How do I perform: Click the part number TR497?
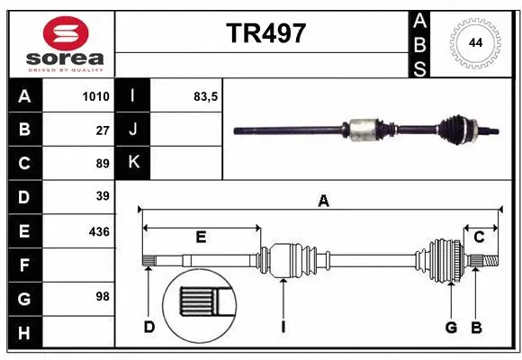[x=265, y=33]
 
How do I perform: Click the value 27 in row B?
[x=103, y=130]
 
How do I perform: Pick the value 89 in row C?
[x=103, y=164]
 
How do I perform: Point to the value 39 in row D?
[x=103, y=196]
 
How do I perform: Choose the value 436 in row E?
[x=99, y=231]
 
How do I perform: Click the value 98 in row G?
[x=103, y=296]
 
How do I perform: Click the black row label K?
[x=133, y=163]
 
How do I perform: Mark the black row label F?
[x=24, y=265]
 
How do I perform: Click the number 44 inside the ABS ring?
[x=473, y=43]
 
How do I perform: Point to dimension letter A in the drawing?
[x=322, y=202]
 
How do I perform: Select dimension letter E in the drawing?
[x=201, y=238]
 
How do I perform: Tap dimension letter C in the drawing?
[x=479, y=238]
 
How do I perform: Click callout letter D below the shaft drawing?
[x=149, y=327]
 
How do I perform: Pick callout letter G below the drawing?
[x=451, y=327]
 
